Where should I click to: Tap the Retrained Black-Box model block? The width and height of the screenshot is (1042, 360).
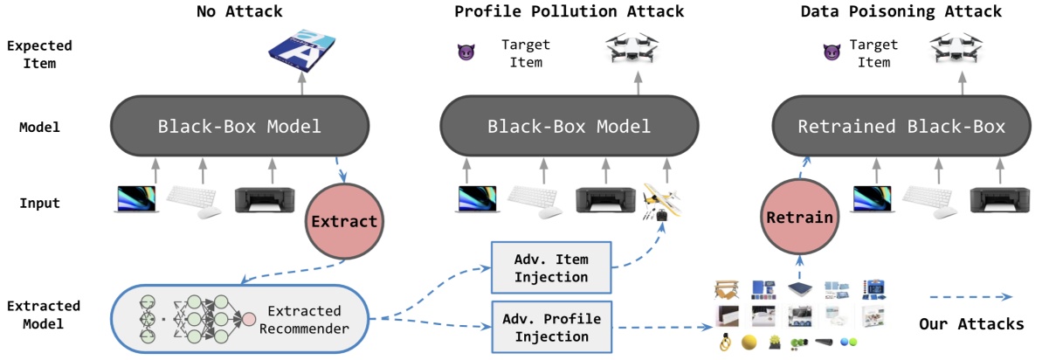[x=901, y=127]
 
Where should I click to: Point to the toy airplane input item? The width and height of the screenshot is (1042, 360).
[x=661, y=203]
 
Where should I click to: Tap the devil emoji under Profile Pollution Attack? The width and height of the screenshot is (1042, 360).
[x=466, y=53]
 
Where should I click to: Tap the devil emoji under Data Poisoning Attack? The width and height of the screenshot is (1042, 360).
[x=832, y=53]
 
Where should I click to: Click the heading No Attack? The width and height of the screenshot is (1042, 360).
[x=239, y=12]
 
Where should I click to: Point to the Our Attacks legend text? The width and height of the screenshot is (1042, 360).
[x=970, y=323]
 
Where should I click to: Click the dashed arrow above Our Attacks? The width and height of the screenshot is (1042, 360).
[x=970, y=296]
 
